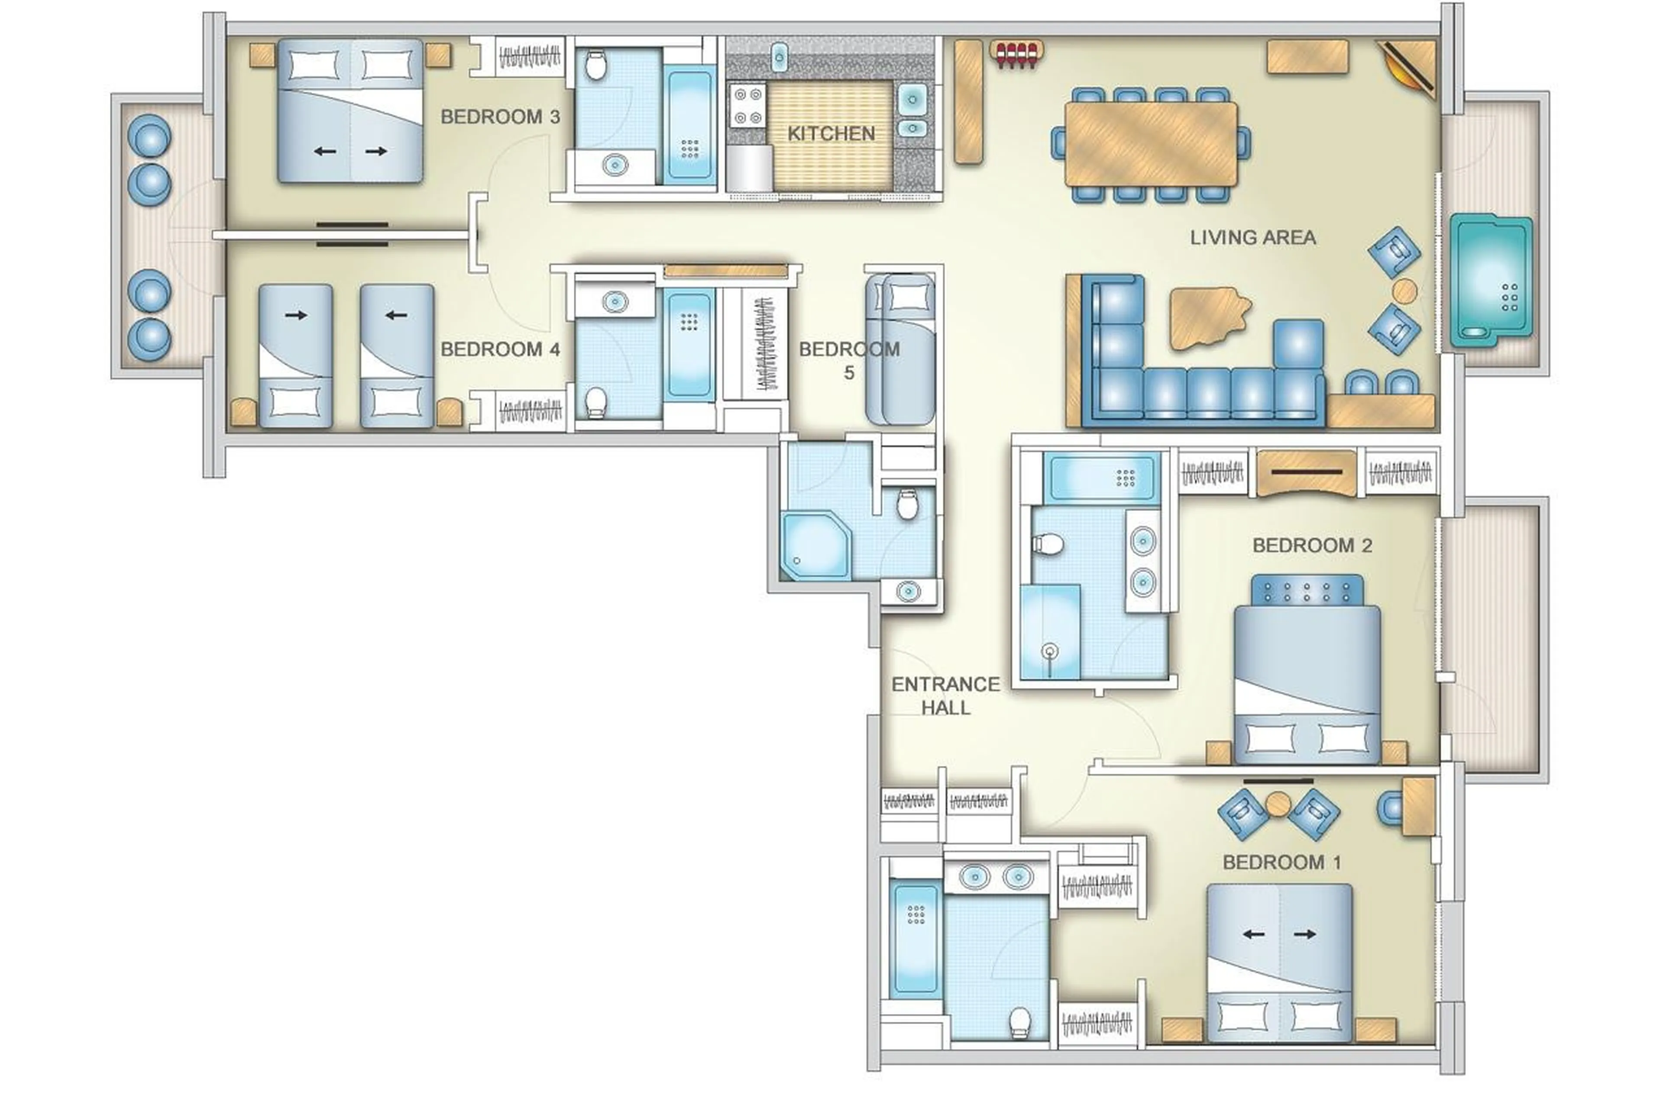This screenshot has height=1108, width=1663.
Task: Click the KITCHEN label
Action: click(x=831, y=133)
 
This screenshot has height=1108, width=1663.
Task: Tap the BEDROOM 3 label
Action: click(x=500, y=116)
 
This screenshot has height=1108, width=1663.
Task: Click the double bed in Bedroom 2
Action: click(x=1306, y=685)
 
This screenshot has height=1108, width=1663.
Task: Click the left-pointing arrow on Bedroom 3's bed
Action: click(x=324, y=151)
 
